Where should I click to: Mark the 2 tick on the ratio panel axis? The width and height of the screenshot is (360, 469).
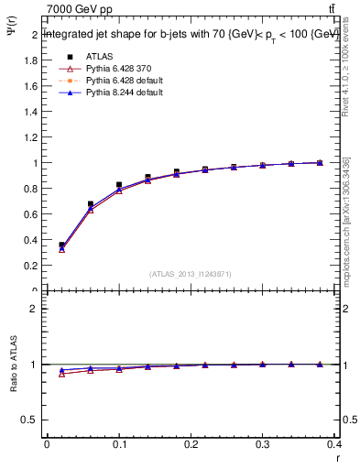(x=36, y=309)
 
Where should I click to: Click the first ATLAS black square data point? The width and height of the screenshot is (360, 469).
(x=62, y=245)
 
